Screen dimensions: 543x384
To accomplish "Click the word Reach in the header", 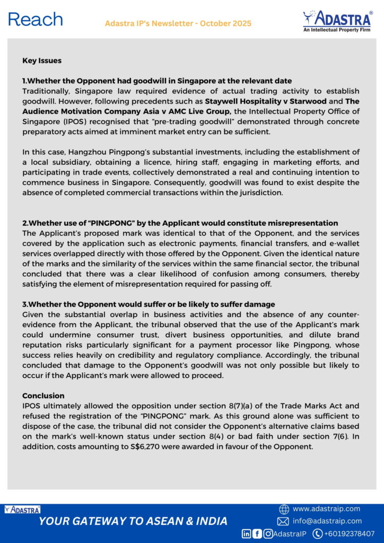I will point(36,20).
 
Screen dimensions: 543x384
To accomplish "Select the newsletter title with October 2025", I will point(178,23).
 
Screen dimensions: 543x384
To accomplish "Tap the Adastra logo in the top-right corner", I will point(337,21).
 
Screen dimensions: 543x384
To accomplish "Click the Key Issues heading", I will point(42,60).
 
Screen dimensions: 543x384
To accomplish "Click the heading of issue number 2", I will point(180,223).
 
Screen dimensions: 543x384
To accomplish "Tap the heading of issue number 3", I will point(149,304).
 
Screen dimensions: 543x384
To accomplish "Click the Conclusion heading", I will point(43,396).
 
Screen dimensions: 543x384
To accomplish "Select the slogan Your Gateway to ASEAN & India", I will point(133,521).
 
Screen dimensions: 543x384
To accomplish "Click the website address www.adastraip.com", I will point(326,509).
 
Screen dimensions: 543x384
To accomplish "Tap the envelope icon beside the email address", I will point(283,521).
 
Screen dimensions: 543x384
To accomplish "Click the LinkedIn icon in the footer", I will point(247,533).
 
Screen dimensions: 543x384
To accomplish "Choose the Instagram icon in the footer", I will point(268,533).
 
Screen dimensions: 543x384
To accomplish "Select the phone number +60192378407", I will point(350,533).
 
